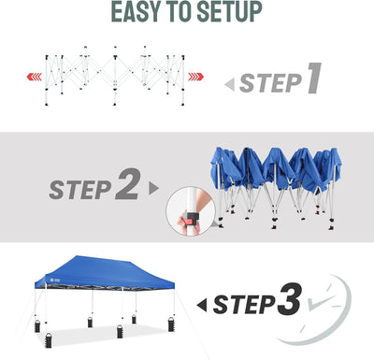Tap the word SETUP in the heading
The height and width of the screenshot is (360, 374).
[x=229, y=12]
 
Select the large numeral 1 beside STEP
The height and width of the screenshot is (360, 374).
[x=314, y=78]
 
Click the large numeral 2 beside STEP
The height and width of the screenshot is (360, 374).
[x=128, y=184]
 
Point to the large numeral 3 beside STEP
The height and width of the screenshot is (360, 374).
[x=289, y=299]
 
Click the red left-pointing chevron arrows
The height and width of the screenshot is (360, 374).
[x=35, y=77]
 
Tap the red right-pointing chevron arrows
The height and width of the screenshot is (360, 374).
[x=195, y=77]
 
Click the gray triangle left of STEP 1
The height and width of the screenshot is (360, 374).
[x=230, y=85]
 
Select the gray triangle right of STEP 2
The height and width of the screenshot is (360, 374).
[x=154, y=188]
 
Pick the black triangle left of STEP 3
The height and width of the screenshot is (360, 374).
[x=202, y=306]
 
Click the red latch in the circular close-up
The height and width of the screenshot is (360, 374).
[x=188, y=222]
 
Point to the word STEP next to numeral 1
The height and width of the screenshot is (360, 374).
[x=270, y=83]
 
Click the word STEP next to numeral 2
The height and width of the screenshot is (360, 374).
[x=80, y=190]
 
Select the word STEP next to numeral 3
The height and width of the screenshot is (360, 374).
[x=244, y=305]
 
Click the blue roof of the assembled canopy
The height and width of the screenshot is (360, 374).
[x=106, y=270]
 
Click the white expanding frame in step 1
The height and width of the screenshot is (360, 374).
[x=115, y=76]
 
